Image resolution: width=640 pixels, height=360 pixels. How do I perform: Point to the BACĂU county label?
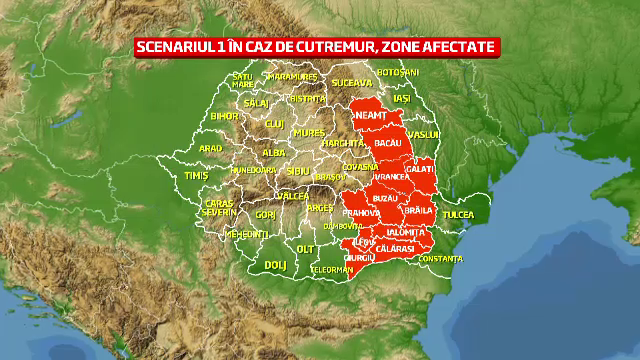point(387,144)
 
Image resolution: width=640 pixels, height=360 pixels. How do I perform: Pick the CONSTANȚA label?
point(441,259)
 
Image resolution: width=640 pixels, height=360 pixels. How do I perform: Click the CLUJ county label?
point(275,123)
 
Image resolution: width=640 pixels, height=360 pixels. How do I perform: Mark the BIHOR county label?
point(223,116)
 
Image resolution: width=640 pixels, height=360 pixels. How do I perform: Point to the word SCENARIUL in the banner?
point(182,47)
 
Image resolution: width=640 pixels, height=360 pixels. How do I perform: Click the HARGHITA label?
point(342,143)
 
